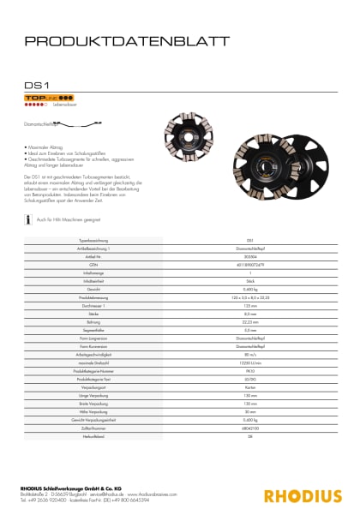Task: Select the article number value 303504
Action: tap(249, 257)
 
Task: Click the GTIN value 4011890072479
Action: tap(249, 264)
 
